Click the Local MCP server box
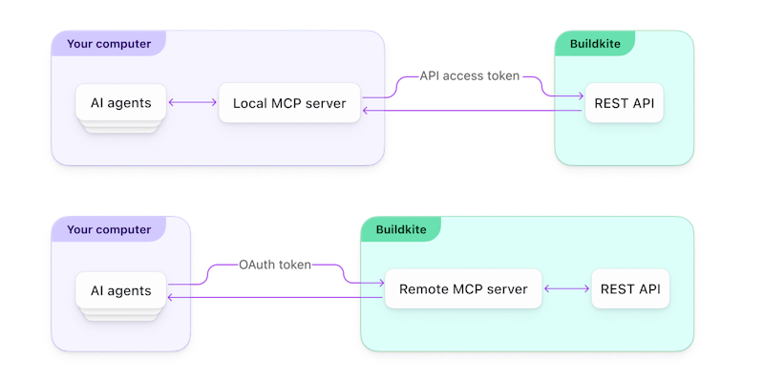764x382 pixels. point(290,103)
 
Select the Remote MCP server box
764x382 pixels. point(463,289)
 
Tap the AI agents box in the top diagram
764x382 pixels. point(120,103)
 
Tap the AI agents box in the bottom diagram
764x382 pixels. point(120,290)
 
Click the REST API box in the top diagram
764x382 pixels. point(624,103)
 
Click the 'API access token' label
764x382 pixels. point(470,76)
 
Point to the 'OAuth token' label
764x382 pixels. point(275,265)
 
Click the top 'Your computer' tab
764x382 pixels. point(108,43)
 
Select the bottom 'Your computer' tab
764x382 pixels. point(108,230)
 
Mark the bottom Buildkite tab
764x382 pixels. point(401,230)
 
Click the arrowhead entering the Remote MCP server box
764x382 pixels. point(380,283)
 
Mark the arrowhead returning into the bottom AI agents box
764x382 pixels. point(171,298)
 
